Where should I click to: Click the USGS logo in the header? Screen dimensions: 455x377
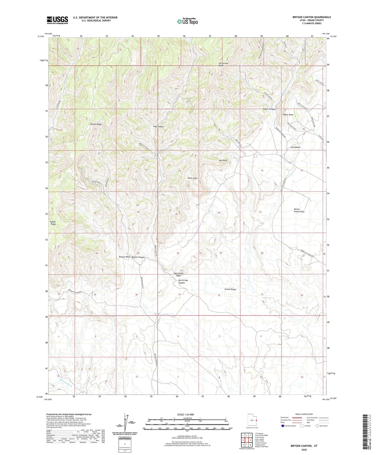57,20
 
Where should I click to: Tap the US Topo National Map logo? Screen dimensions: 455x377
187,21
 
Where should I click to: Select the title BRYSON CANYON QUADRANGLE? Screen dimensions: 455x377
311,17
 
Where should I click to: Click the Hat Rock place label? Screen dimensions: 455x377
223,160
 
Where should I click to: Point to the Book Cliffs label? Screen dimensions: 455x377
193,178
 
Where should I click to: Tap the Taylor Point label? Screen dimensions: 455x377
288,115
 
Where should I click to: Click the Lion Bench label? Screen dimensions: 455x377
295,147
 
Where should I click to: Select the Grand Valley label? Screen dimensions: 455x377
230,289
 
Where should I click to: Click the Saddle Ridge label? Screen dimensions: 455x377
53,223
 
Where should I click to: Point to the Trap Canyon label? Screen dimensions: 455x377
158,126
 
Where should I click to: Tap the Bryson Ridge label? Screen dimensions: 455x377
96,124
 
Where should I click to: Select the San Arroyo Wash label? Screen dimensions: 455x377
178,274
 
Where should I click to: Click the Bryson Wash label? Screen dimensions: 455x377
124,257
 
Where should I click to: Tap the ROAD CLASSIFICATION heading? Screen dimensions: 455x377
304,414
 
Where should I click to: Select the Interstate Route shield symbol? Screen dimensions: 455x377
283,426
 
